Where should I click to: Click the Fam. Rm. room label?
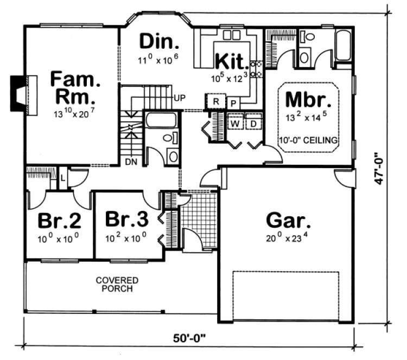point(75,88)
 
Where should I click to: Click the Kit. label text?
point(232,61)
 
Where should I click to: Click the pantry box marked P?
point(232,103)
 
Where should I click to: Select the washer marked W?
point(236,124)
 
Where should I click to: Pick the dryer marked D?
point(253,124)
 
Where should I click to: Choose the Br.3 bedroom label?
point(126,220)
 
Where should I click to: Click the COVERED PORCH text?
point(117,284)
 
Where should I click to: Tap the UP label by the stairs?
point(180,98)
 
